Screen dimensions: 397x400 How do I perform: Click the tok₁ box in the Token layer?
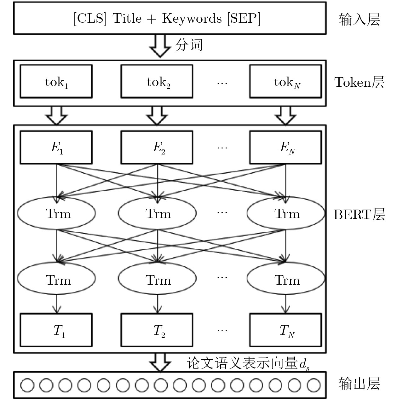(x=56, y=81)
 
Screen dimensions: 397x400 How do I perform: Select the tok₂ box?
(x=157, y=81)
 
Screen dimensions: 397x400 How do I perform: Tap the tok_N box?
(x=285, y=81)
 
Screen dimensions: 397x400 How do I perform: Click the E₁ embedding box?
(x=56, y=148)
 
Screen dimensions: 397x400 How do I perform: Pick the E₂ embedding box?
(x=157, y=148)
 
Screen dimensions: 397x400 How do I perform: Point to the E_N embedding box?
(x=285, y=148)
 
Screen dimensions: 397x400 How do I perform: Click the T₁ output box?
(x=56, y=330)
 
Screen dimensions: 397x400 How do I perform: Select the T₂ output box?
(x=157, y=330)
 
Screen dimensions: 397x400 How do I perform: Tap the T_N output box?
(x=285, y=330)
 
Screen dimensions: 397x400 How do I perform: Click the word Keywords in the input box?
(x=192, y=19)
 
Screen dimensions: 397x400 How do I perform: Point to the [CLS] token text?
(x=90, y=19)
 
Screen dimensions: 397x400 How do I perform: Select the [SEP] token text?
(x=244, y=19)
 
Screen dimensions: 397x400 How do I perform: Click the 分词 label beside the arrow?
(x=189, y=45)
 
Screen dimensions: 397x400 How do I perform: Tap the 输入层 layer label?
(x=360, y=20)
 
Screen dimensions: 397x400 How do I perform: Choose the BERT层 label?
(x=359, y=214)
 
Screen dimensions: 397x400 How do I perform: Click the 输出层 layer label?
(x=360, y=384)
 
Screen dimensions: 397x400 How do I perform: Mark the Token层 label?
(x=359, y=82)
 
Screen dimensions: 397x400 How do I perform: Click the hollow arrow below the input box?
(x=160, y=46)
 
